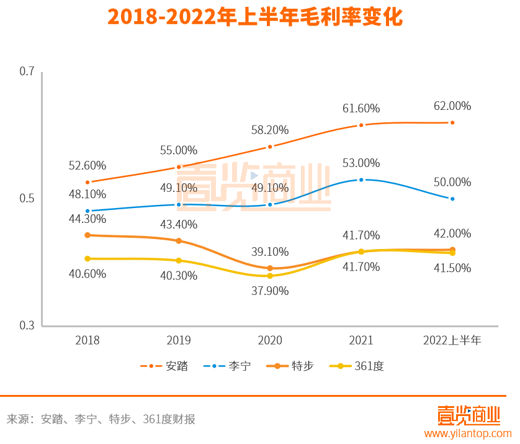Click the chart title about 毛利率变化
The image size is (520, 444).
coord(255,17)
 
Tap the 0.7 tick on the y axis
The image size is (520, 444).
coord(27,71)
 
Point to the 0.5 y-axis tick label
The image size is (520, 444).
coord(27,199)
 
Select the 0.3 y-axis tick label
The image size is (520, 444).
coord(27,325)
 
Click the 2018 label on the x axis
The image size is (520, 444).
coord(87,340)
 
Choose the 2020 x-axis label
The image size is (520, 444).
coord(270,340)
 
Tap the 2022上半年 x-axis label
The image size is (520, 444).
coord(452,340)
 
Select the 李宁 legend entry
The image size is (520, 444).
coord(228,366)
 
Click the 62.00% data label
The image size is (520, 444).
coord(452,106)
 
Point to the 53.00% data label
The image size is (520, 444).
coord(361,163)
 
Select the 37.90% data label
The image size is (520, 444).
coord(270,290)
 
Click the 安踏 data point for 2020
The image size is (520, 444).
coord(270,147)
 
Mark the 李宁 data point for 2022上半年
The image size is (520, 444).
coord(452,199)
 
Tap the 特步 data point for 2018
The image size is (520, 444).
coord(87,235)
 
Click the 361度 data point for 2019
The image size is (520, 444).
coord(179,260)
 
